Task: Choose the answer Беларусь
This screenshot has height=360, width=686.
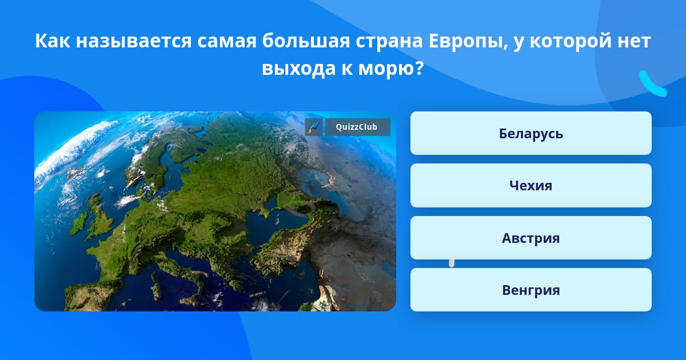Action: pos(531,133)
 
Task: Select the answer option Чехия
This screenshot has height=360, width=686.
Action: pos(531,186)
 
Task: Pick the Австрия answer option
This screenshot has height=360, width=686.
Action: pos(531,238)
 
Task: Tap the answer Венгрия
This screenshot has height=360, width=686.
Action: pos(531,290)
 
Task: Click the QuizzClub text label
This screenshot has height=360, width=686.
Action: pos(357,127)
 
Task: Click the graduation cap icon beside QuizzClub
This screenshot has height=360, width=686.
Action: pos(314,127)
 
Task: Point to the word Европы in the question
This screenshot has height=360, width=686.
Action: pos(468,41)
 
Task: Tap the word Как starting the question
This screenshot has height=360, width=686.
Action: pos(53,41)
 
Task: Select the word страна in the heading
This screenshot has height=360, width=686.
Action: pos(389,42)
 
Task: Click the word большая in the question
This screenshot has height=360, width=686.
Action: pos(306,41)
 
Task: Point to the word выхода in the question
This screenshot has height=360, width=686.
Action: pos(299,69)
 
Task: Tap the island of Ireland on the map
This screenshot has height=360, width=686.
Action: pos(78,223)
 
